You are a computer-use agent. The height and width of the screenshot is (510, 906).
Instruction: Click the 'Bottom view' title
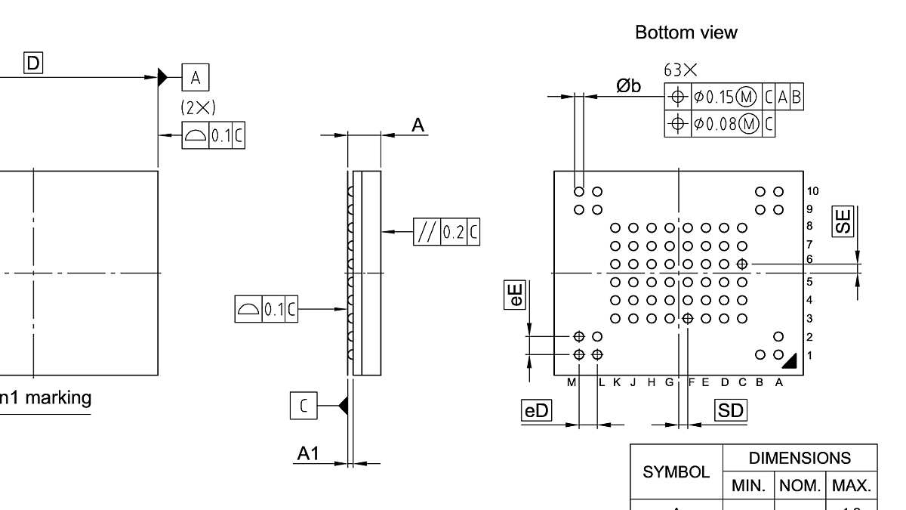[x=686, y=32]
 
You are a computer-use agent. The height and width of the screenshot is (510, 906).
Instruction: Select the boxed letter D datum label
[x=34, y=64]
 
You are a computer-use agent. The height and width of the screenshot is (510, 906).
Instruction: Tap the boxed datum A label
[x=196, y=77]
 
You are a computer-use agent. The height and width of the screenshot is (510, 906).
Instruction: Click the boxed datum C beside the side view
[x=304, y=406]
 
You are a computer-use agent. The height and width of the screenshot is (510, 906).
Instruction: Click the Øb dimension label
[x=628, y=86]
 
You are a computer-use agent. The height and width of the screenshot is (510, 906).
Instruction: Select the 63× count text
[x=680, y=70]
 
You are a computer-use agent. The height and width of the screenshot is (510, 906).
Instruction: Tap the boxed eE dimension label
[x=515, y=294]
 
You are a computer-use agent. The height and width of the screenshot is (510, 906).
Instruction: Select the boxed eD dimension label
[x=537, y=410]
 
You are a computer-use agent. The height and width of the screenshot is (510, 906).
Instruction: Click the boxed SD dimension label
[x=730, y=410]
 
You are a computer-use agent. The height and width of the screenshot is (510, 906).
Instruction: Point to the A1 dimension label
[x=308, y=453]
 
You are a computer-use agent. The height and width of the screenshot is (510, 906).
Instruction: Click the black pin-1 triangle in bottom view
[x=790, y=361]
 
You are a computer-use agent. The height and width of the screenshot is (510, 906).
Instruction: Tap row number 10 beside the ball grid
[x=812, y=191]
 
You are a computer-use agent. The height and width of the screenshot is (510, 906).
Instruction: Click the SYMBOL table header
[x=676, y=471]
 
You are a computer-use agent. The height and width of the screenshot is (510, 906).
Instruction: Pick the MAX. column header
[x=852, y=485]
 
